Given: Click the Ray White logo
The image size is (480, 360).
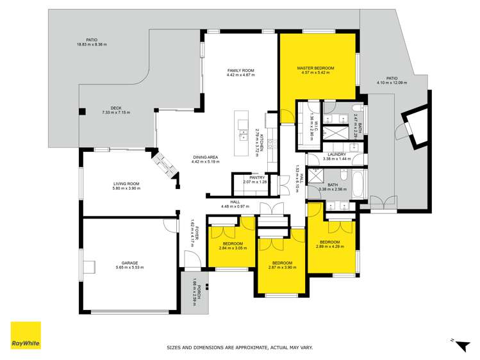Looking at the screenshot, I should [26, 336].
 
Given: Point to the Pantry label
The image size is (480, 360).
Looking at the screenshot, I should [249, 177].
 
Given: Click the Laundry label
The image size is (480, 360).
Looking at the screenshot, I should [336, 154].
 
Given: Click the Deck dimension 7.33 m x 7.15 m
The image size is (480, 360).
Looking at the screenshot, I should [115, 113].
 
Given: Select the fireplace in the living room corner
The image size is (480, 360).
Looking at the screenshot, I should [165, 165].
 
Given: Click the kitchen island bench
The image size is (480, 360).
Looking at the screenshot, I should [242, 135].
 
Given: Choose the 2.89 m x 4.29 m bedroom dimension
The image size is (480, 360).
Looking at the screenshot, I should [330, 247].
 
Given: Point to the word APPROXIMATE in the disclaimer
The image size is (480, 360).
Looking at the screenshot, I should [242, 347].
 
